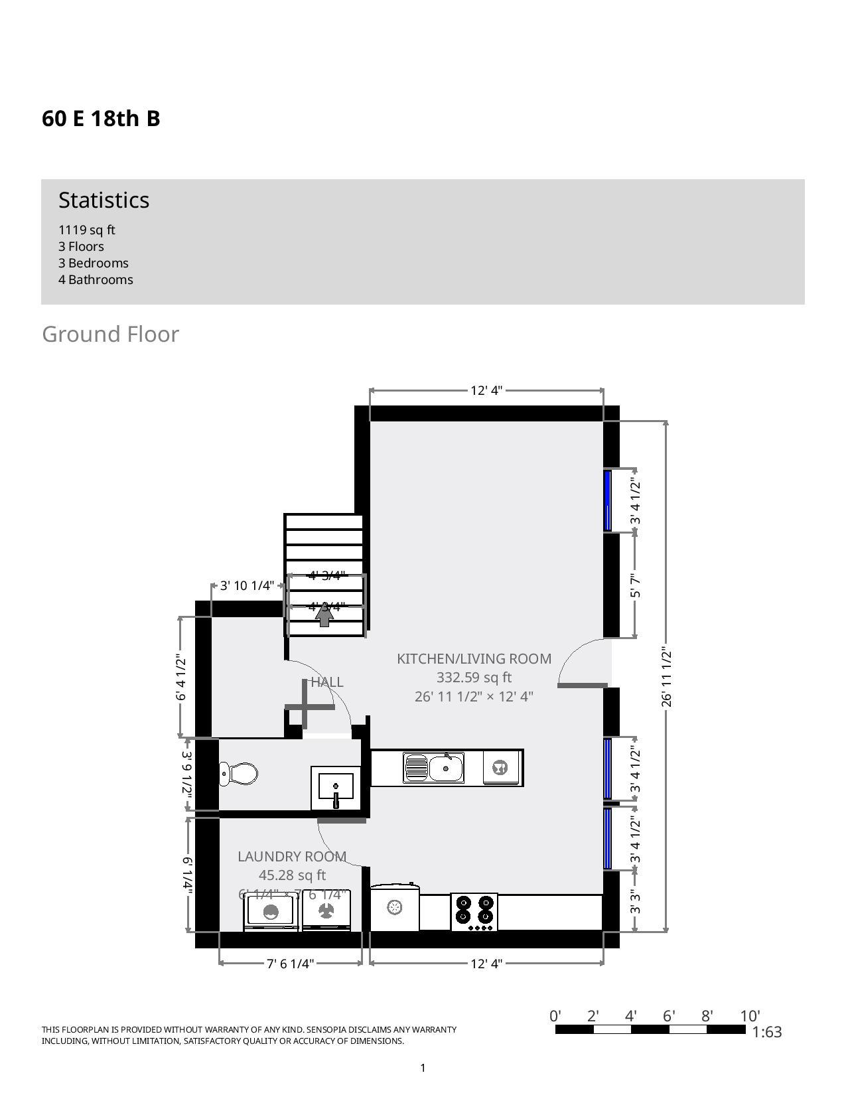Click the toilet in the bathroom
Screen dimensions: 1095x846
[239, 774]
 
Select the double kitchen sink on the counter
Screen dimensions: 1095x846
[434, 768]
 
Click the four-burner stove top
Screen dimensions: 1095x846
[474, 912]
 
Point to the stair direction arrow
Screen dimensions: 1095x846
[324, 615]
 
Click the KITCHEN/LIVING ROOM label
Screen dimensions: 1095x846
[474, 659]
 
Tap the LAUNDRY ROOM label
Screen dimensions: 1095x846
[292, 857]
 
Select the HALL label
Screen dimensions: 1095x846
[327, 682]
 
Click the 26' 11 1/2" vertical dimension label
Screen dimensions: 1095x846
[667, 678]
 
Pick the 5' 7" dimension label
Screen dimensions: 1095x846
[636, 585]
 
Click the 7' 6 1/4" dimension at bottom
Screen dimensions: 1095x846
[290, 964]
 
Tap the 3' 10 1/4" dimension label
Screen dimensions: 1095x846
[247, 585]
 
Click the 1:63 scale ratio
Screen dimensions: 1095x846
[767, 1032]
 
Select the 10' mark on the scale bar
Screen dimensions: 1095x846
[750, 1016]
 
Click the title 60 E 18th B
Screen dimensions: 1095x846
[101, 119]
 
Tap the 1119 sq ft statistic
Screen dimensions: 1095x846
[87, 230]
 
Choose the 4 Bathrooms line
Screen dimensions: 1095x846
[96, 279]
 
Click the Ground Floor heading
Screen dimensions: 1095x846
[110, 334]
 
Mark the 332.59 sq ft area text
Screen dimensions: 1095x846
[474, 678]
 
